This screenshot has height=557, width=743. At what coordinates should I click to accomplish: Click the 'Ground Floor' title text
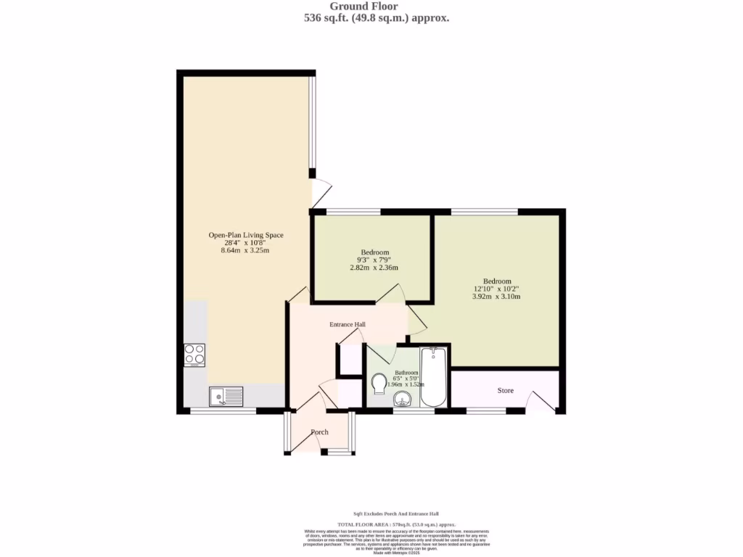(374, 7)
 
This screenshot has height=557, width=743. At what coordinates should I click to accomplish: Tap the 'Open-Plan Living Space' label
(246, 235)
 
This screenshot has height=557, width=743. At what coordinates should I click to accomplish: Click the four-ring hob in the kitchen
(194, 354)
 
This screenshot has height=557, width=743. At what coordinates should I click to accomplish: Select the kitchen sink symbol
(226, 396)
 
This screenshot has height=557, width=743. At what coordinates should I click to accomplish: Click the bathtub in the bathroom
(435, 377)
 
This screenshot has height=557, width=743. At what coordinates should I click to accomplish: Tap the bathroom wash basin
(404, 400)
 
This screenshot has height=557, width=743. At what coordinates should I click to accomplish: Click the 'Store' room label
(505, 390)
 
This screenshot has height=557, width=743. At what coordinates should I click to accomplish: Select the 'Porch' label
(319, 432)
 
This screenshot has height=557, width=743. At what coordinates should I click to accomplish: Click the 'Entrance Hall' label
(348, 324)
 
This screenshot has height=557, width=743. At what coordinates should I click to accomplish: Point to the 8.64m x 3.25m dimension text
(245, 250)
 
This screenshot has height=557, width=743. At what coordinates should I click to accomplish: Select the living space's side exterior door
(321, 193)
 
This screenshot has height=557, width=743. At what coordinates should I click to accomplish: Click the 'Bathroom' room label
(406, 372)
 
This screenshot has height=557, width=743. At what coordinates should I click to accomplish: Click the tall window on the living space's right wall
(312, 123)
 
